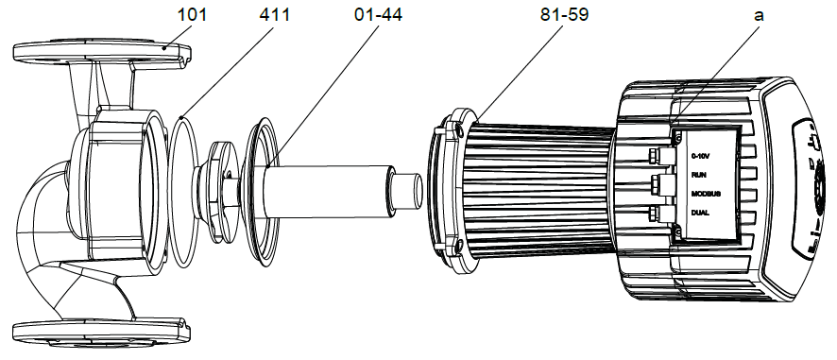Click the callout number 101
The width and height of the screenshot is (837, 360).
click(192, 14)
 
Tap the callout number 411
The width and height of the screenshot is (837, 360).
click(275, 14)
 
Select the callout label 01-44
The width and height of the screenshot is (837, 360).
click(379, 14)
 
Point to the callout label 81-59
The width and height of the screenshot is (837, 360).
click(564, 14)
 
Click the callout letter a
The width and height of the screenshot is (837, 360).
click(759, 15)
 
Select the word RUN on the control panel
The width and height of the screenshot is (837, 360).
click(699, 175)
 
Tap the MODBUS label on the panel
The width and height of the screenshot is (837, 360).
click(707, 194)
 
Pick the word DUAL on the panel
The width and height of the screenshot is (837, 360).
click(700, 213)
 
